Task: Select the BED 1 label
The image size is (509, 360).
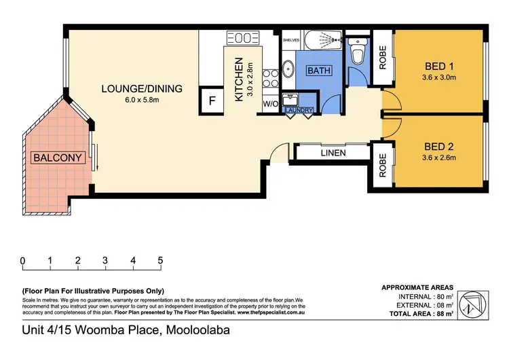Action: pyautogui.click(x=438, y=66)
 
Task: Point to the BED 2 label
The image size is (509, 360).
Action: pyautogui.click(x=438, y=146)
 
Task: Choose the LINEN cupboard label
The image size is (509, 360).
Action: pyautogui.click(x=333, y=153)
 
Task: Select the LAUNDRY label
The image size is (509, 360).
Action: pyautogui.click(x=299, y=109)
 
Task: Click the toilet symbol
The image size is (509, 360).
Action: pyautogui.click(x=356, y=52)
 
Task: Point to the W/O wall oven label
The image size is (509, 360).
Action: pyautogui.click(x=269, y=104)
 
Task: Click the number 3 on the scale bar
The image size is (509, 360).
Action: pyautogui.click(x=105, y=261)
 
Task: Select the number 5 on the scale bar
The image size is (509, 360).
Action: pyautogui.click(x=160, y=261)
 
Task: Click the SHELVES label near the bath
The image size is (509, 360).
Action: pyautogui.click(x=290, y=39)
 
